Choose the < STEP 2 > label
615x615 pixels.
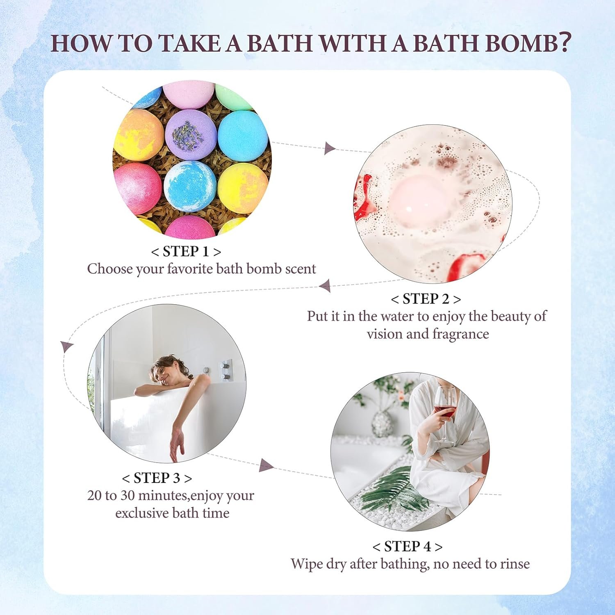426,299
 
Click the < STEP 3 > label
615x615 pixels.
157,478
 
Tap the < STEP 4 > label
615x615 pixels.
408,547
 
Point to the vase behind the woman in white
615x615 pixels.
381,422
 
